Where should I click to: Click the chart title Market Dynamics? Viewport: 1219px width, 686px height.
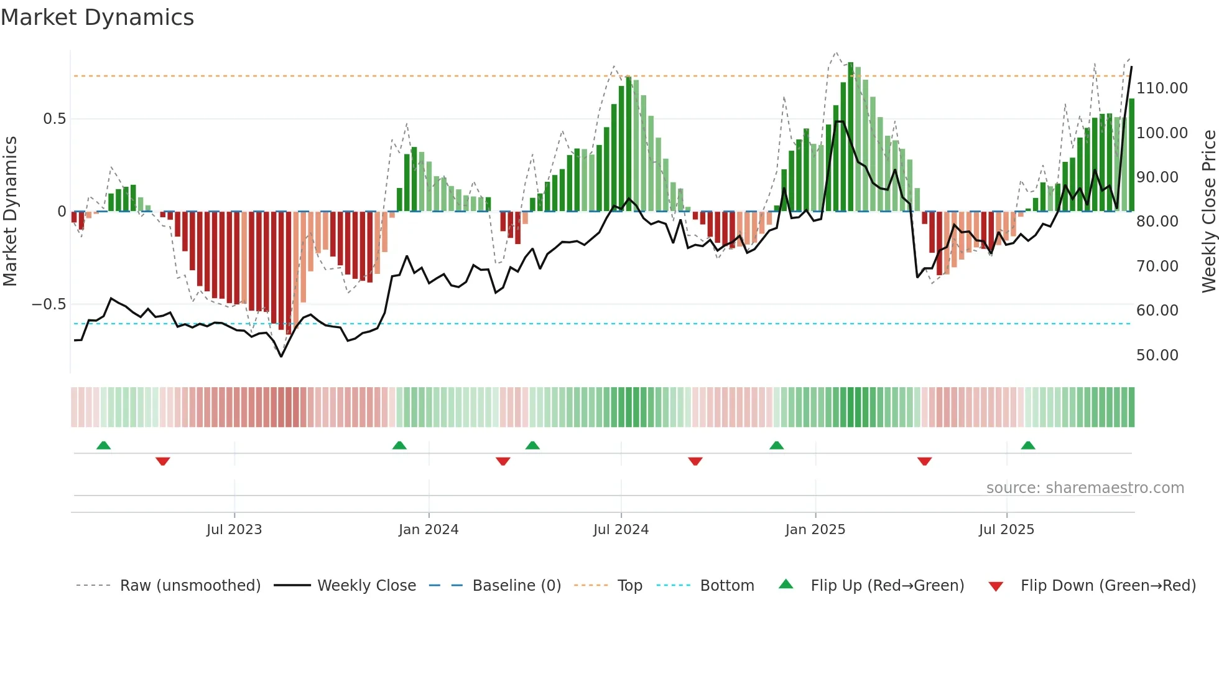point(98,17)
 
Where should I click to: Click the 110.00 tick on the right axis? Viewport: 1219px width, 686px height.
point(1161,88)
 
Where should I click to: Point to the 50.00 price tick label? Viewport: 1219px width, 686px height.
point(1157,355)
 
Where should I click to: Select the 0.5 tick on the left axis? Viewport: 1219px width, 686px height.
point(54,119)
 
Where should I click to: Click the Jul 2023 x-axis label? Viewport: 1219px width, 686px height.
point(234,530)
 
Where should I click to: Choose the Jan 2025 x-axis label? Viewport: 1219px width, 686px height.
point(815,530)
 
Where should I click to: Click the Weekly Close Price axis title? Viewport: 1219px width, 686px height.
point(1208,212)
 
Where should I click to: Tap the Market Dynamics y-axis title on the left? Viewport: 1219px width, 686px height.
point(10,212)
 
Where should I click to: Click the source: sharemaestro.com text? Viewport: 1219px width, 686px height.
point(1085,488)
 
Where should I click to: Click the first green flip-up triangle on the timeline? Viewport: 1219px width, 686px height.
point(103,446)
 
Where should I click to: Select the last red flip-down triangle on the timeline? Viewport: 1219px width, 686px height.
point(924,461)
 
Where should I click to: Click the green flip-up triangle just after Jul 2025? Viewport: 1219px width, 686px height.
point(1028,446)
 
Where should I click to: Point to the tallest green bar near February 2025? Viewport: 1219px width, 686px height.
point(851,137)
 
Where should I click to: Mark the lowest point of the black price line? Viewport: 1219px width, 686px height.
point(281,356)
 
